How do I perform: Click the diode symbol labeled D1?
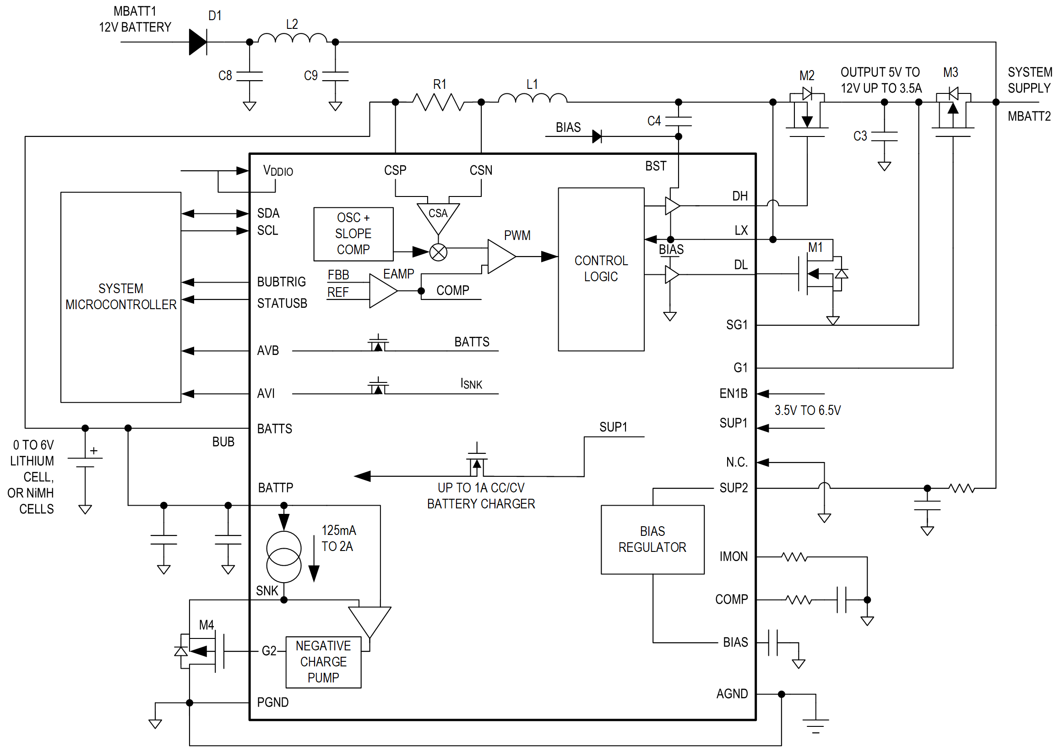click(198, 42)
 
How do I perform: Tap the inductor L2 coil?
click(292, 39)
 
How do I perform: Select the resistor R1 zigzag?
click(438, 102)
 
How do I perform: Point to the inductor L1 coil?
click(533, 98)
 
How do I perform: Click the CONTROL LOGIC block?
click(601, 269)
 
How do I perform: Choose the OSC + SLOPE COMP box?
click(353, 234)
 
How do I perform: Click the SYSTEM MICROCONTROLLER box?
click(120, 297)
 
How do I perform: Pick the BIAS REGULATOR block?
click(652, 539)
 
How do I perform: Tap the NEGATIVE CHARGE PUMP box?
click(323, 662)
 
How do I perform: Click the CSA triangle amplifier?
click(438, 216)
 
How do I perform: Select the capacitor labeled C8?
click(249, 76)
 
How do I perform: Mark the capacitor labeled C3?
click(884, 136)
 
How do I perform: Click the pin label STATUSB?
click(282, 303)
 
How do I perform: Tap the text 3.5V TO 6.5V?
click(807, 410)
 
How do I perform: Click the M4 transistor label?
click(207, 625)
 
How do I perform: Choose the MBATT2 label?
click(1028, 116)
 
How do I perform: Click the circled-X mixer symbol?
click(438, 252)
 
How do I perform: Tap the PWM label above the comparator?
click(517, 235)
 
